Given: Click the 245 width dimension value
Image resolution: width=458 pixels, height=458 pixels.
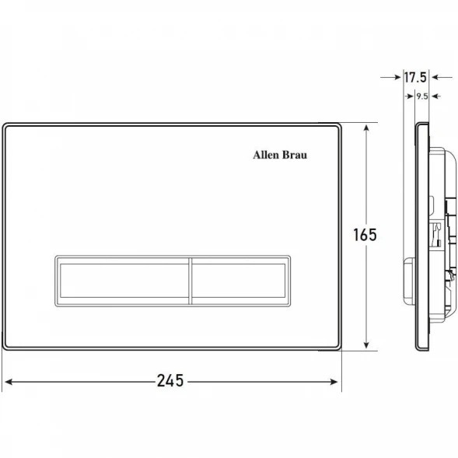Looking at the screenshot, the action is tap(170, 380).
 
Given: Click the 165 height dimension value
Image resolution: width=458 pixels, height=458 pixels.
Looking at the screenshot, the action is tap(365, 235).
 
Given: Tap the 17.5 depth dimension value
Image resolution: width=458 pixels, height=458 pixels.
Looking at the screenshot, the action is tap(415, 78).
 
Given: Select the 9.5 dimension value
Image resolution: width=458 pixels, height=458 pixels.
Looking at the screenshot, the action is tap(422, 96).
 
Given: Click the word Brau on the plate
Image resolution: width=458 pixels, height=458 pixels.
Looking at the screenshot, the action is tap(295, 155).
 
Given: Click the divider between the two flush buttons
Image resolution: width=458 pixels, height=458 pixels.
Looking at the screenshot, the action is tap(191, 281).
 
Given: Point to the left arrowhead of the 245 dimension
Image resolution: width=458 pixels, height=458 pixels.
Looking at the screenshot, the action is tap(9, 382).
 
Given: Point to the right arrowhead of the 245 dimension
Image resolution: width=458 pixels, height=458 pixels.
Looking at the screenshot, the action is tap(334, 382).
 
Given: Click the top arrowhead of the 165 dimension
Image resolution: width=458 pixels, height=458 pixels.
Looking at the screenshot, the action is tap(367, 128).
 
